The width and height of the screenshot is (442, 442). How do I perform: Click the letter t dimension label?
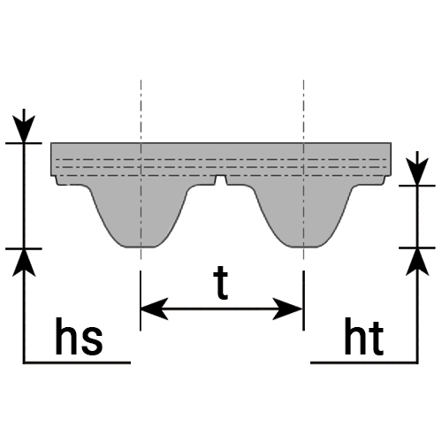(221, 283)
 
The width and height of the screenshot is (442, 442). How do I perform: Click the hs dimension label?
(79, 336)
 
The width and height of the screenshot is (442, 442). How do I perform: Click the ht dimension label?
(364, 336)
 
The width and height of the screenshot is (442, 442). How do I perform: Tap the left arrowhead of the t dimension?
(154, 309)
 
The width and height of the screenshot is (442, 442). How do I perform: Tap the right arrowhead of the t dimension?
(287, 309)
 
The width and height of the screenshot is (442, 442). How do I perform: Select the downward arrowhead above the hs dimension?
(24, 129)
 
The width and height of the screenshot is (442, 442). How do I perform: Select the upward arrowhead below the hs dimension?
(24, 263)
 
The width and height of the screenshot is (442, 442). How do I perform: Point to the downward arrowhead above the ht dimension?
(417, 171)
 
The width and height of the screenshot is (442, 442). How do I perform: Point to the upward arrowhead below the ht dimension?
(417, 262)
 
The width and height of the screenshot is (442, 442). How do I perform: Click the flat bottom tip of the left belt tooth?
(139, 247)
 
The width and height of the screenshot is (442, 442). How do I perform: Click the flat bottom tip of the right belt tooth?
(303, 247)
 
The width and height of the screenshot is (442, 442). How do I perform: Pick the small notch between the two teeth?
(221, 180)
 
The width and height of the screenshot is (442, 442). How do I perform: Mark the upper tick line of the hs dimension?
(24, 143)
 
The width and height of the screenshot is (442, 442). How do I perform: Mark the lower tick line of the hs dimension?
(24, 248)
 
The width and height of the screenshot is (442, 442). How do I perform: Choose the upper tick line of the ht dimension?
(417, 186)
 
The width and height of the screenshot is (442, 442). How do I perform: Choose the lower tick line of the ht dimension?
(417, 248)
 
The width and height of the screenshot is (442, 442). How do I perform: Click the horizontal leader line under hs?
(77, 362)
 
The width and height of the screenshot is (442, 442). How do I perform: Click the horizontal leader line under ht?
(364, 362)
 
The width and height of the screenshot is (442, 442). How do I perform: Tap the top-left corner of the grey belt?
(51, 143)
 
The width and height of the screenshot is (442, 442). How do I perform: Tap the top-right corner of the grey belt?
(392, 143)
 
